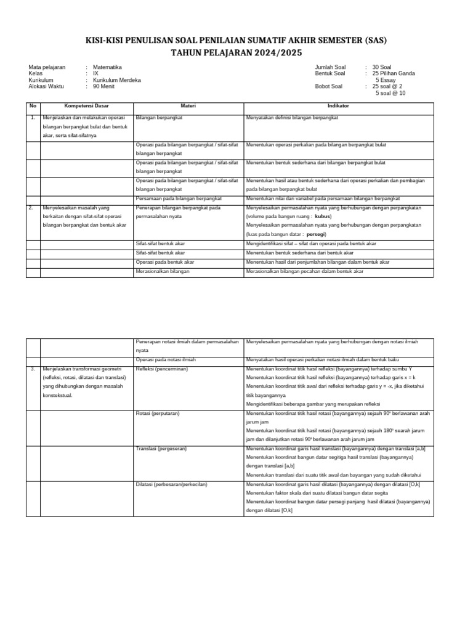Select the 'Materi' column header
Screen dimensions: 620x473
[x=188, y=105]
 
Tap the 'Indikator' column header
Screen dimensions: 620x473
[x=339, y=105]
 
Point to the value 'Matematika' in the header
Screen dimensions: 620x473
[x=107, y=67]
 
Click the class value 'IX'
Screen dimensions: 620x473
[x=95, y=73]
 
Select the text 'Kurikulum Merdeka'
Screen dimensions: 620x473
[x=117, y=80]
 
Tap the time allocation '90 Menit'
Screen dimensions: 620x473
[x=104, y=87]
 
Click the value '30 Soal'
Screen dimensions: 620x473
[x=386, y=67]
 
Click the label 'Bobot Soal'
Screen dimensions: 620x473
[x=329, y=87]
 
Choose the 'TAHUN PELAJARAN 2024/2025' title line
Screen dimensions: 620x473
[x=236, y=52]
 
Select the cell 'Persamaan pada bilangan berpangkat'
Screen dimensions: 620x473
[x=178, y=198]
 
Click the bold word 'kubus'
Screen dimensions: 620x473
[x=323, y=217]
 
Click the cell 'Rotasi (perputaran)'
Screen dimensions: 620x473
[x=157, y=412]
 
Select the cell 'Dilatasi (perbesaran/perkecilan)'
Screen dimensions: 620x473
[x=171, y=484]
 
